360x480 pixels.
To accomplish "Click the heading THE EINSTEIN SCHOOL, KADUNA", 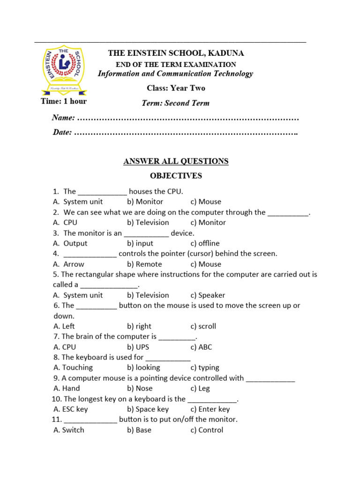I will [x=176, y=53].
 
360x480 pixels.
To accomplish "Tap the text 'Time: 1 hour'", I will [x=64, y=101].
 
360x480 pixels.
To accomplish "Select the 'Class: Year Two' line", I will [x=176, y=88].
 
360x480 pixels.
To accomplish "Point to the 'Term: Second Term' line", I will [x=176, y=103].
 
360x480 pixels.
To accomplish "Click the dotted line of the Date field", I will [x=186, y=133].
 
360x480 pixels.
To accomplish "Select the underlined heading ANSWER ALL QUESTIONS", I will [x=176, y=161].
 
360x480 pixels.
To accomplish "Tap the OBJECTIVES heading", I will [x=176, y=176].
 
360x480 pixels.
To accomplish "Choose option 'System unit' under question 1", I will [x=82, y=202].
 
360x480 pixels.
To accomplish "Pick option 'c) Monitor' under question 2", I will [x=208, y=223].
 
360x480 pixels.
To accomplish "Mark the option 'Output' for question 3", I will [x=75, y=243].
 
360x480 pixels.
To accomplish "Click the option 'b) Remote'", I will [x=144, y=264].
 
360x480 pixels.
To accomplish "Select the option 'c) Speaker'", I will [x=208, y=295].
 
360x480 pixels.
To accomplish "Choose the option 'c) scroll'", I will [x=203, y=326].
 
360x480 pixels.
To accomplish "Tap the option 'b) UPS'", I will [x=139, y=347].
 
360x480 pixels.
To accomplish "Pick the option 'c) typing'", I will [x=205, y=367].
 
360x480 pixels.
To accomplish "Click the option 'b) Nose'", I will [x=140, y=388].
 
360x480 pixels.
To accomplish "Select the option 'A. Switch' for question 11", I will [x=69, y=430].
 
